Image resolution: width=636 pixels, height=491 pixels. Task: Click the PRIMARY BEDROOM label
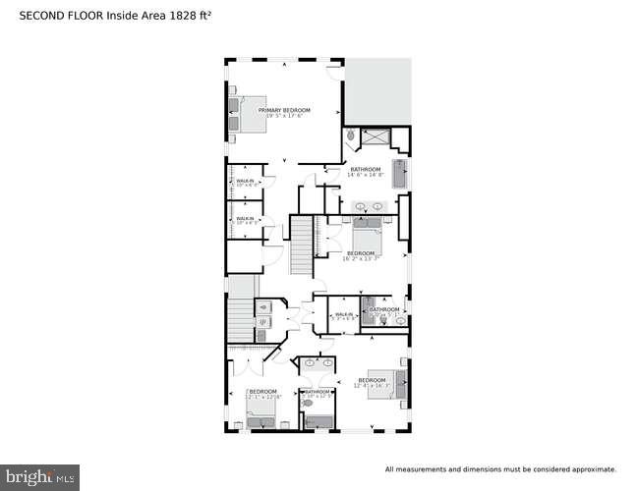pyautogui.click(x=284, y=110)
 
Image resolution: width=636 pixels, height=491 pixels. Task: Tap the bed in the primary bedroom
pyautogui.click(x=248, y=111)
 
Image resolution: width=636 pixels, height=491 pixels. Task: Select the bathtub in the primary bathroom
pyautogui.click(x=399, y=175)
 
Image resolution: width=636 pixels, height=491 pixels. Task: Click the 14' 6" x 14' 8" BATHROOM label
pyautogui.click(x=366, y=172)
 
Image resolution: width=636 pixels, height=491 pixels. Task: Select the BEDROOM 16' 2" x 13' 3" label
pyautogui.click(x=359, y=255)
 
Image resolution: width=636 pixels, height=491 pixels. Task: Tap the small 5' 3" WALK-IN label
pyautogui.click(x=343, y=315)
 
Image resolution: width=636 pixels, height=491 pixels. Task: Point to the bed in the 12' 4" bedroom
pyautogui.click(x=396, y=379)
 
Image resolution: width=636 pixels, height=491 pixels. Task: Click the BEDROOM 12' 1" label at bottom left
pyautogui.click(x=263, y=394)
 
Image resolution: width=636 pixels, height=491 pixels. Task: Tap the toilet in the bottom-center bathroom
pyautogui.click(x=308, y=403)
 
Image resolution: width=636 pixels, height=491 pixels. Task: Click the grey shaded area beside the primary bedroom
pyautogui.click(x=377, y=88)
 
